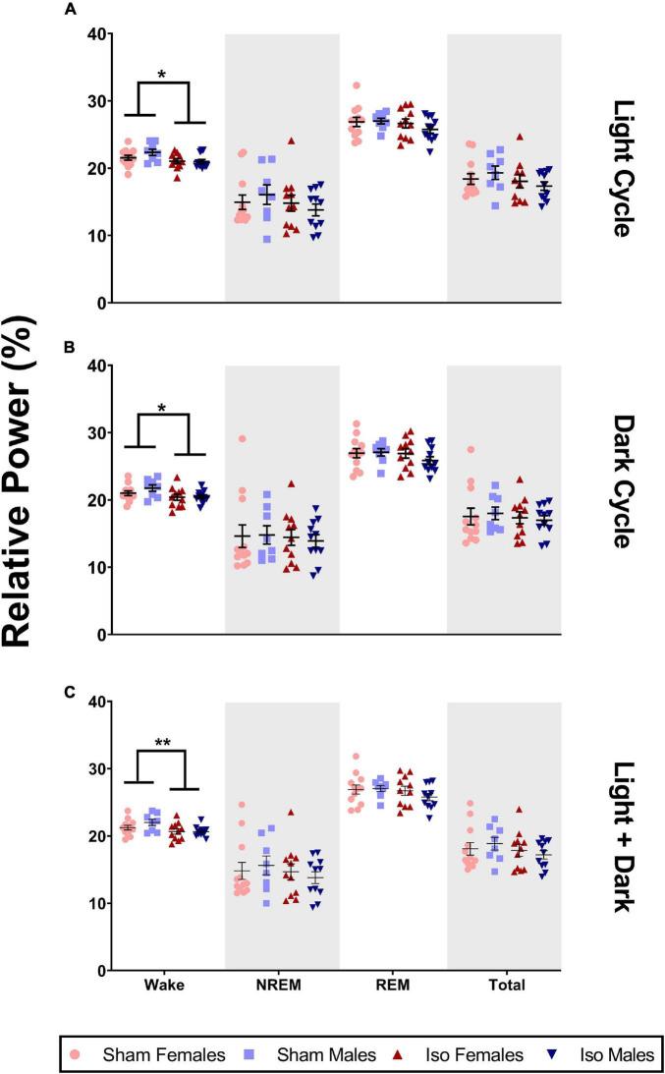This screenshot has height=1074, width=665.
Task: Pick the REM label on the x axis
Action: tap(393, 986)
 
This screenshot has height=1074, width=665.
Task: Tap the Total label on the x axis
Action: tap(504, 986)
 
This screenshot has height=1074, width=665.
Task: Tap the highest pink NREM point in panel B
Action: tap(242, 438)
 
